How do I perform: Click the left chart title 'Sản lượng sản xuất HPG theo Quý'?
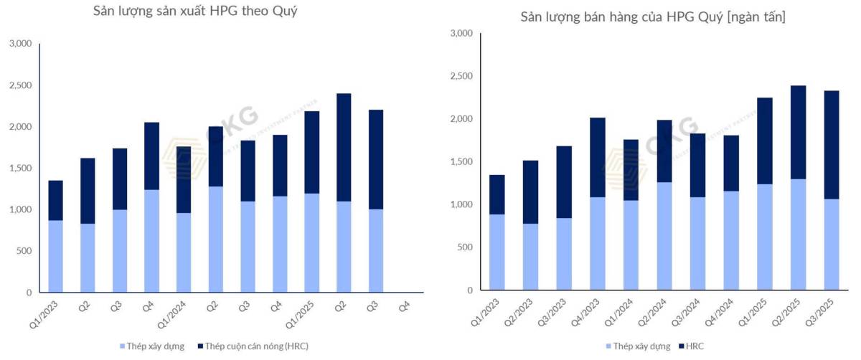pyautogui.click(x=195, y=11)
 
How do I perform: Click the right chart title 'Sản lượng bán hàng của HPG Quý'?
pyautogui.click(x=652, y=16)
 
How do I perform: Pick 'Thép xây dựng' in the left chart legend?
pyautogui.click(x=151, y=346)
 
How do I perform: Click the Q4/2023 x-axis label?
pyautogui.click(x=588, y=312)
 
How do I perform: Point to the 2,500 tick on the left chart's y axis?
pyautogui.click(x=20, y=85)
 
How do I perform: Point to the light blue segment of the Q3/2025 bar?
pyautogui.click(x=832, y=244)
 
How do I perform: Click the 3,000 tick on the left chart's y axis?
pyautogui.click(x=20, y=44)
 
